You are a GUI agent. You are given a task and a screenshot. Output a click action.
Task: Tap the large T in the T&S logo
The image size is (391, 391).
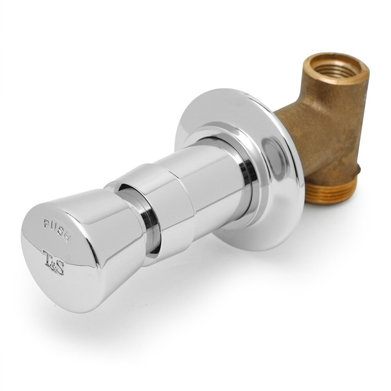[47, 257]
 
